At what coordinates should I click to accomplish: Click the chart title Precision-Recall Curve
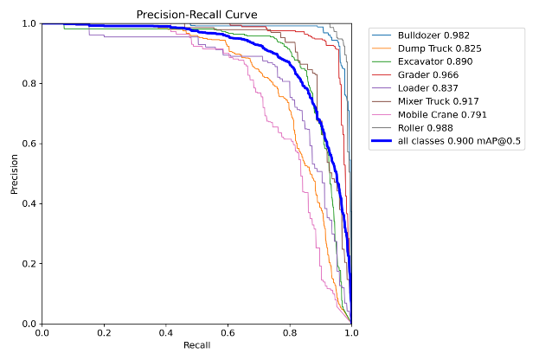(196, 14)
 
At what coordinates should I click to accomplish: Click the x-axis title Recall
(196, 346)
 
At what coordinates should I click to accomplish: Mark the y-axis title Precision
(15, 173)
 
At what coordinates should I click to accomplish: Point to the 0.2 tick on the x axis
(103, 332)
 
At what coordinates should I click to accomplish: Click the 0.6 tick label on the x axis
(228, 332)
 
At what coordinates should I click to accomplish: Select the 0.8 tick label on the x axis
(290, 332)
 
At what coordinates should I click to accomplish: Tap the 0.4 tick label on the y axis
(28, 203)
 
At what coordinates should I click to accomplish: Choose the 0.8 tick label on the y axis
(28, 83)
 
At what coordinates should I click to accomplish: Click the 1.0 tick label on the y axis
(28, 23)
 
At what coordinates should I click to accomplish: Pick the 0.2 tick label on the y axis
(28, 264)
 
